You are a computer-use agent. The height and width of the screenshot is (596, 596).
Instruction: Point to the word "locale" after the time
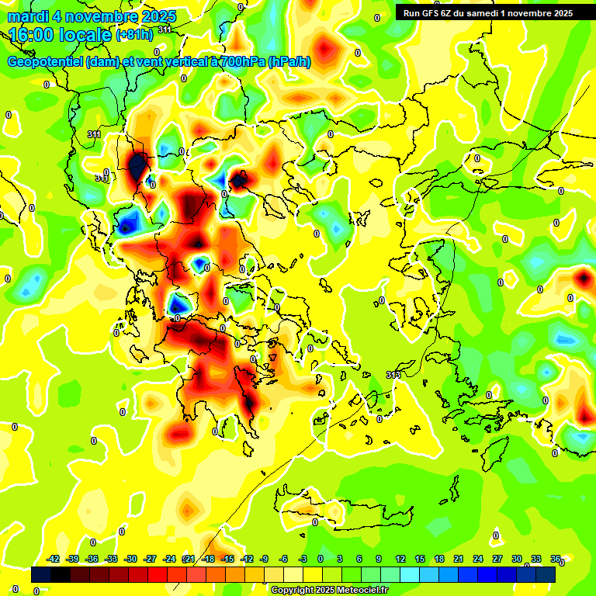(x=88, y=36)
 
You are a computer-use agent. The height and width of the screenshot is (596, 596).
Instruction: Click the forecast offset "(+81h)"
(x=134, y=36)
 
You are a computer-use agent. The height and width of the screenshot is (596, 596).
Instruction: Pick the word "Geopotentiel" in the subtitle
(x=46, y=62)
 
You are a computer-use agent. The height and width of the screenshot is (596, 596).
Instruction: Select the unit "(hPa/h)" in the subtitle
(x=289, y=62)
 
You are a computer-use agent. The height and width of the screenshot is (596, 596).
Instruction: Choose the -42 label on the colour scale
(x=54, y=560)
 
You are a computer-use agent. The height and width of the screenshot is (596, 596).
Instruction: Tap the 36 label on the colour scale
(x=556, y=560)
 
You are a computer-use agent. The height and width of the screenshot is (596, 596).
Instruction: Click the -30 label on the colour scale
(x=130, y=560)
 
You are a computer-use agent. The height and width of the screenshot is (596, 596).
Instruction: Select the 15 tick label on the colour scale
(x=420, y=560)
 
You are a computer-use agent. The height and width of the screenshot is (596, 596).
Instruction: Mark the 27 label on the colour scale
(x=497, y=560)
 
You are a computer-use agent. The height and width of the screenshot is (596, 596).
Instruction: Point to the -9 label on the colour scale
(x=264, y=560)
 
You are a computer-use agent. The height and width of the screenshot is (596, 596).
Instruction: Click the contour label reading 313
(x=393, y=375)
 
